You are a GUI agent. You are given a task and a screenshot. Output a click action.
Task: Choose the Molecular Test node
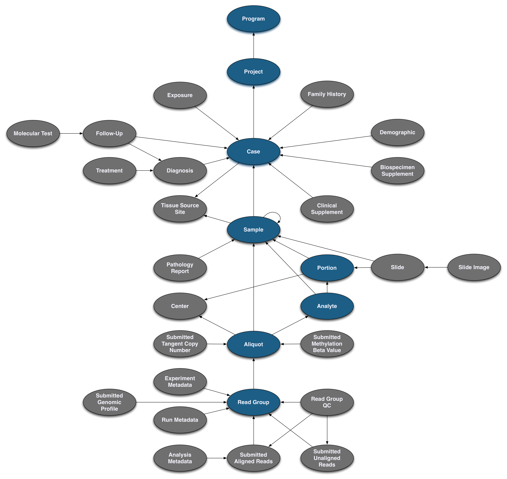tap(33, 133)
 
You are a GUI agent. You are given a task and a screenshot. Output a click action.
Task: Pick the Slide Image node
tap(474, 267)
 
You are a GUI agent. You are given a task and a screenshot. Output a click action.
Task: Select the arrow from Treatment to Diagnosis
tap(145, 171)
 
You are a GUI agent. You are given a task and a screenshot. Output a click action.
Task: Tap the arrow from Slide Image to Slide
tap(436, 267)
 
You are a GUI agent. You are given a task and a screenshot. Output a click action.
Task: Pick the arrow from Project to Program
tap(254, 45)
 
